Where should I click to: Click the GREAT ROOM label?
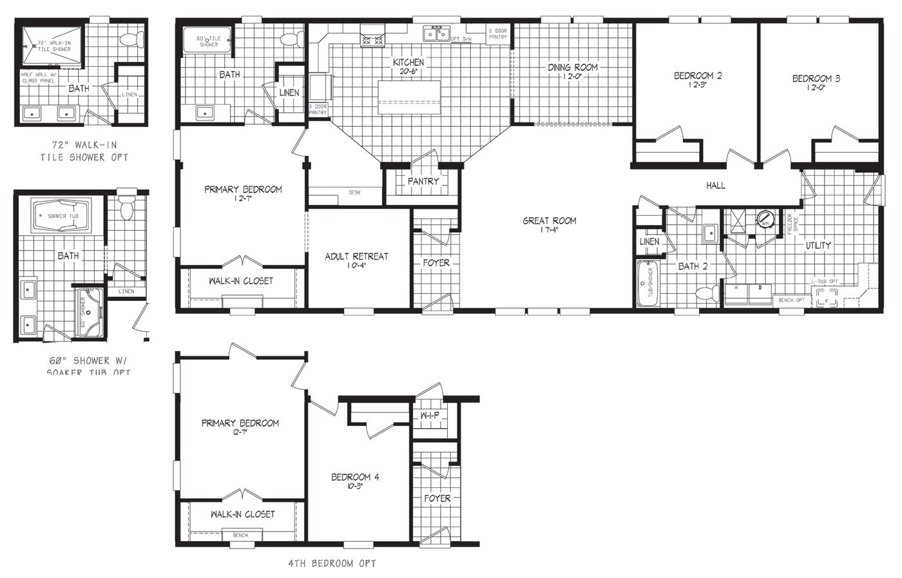tap(549, 221)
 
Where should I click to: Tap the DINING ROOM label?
tap(572, 67)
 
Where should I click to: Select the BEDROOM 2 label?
tap(697, 76)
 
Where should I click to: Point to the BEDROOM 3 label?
tap(816, 79)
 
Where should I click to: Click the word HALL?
tap(715, 186)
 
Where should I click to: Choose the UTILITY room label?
tap(818, 245)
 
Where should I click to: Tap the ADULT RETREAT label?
tap(356, 256)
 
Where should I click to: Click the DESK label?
tap(354, 193)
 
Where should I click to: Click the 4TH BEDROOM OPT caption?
tap(332, 563)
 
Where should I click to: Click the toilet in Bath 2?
tap(707, 294)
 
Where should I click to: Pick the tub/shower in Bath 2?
tap(646, 284)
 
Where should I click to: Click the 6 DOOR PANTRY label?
tap(497, 34)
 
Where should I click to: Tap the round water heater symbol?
tap(765, 218)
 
